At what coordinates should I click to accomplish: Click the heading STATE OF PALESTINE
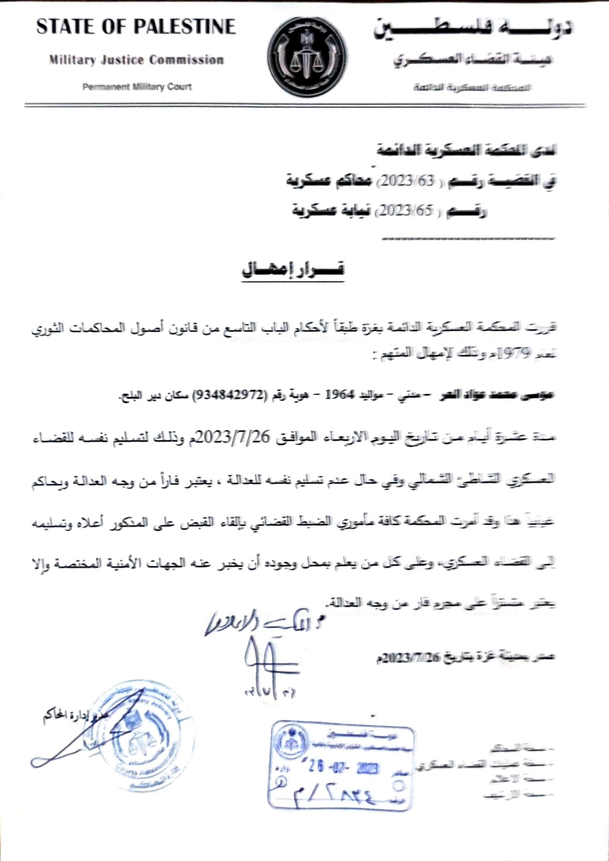pos(136,27)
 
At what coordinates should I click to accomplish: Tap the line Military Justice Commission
pos(136,60)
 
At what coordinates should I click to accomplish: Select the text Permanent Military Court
pos(137,87)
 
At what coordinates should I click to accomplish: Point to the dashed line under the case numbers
pos(468,239)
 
